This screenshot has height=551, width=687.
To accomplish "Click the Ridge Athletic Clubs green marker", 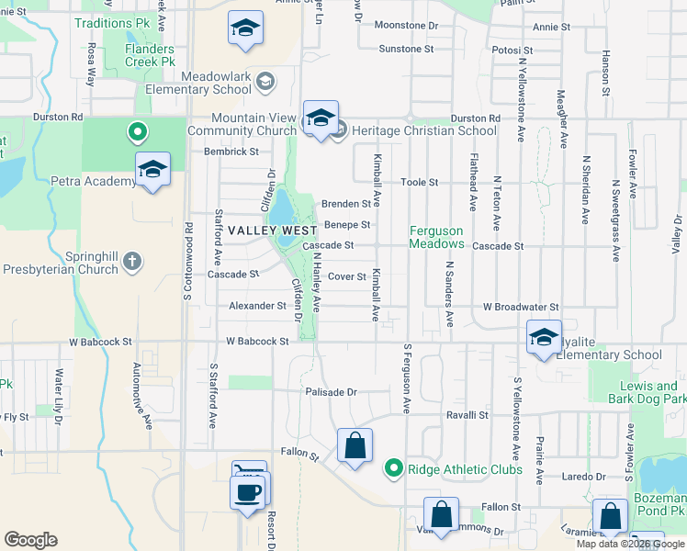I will click(394, 469).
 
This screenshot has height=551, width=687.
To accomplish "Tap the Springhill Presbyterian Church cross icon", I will click(132, 262).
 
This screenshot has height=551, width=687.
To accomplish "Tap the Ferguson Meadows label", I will click(436, 238).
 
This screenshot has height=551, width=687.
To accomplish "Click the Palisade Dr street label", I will click(331, 391).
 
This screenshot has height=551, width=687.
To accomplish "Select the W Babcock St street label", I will click(257, 341).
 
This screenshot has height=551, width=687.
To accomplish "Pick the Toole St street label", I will click(419, 183).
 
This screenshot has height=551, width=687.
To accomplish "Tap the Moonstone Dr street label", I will click(407, 28).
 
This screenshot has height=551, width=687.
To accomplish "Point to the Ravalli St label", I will click(467, 415).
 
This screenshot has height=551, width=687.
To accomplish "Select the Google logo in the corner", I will click(30, 540).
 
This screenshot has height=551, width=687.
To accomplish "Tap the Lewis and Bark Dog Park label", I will click(648, 392).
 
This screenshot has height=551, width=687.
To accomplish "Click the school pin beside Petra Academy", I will click(152, 171).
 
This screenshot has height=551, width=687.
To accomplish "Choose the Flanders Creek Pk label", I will click(150, 55).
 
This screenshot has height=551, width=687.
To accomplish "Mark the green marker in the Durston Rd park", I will click(137, 132).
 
